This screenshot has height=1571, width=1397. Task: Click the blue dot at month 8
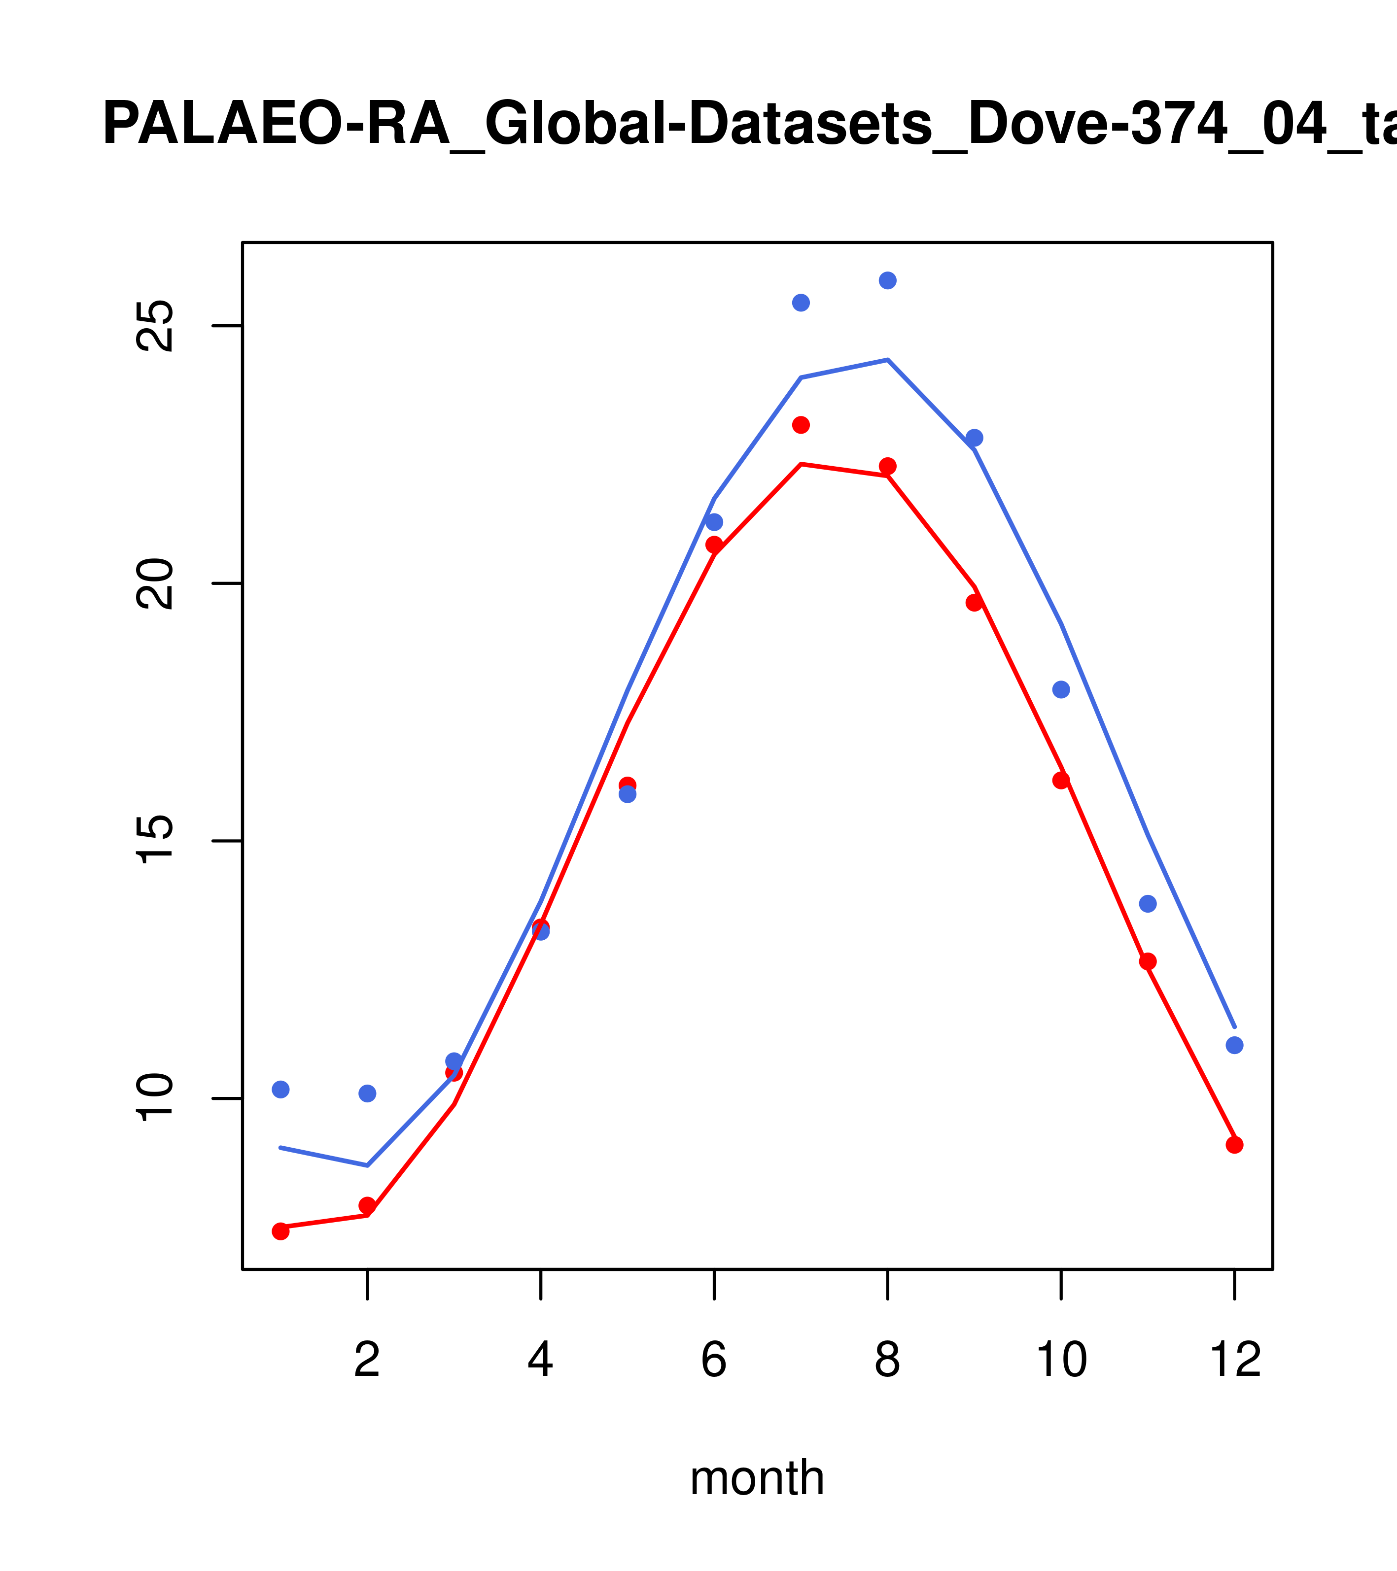click(x=887, y=280)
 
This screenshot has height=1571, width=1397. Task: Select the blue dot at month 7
click(x=801, y=303)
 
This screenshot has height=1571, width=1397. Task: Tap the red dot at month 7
click(x=801, y=425)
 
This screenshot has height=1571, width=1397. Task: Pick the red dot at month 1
click(x=280, y=1231)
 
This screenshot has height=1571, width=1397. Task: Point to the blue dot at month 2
click(x=368, y=1093)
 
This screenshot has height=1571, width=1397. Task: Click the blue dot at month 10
click(x=1061, y=689)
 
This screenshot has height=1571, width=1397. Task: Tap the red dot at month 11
click(x=1148, y=961)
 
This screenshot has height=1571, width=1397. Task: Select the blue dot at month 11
click(x=1148, y=904)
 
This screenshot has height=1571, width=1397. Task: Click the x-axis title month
click(x=757, y=1478)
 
